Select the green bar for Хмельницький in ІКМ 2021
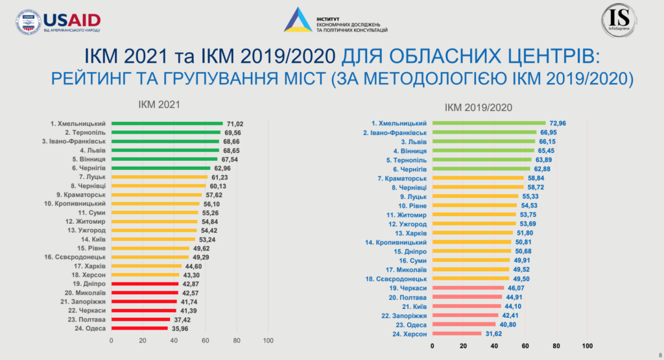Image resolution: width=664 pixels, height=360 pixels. (x=167, y=123)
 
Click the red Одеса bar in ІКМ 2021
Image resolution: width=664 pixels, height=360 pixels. (x=139, y=328)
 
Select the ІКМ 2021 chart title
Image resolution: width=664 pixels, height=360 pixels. (x=159, y=103)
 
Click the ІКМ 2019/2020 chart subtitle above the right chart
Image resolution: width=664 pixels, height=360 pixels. (x=479, y=107)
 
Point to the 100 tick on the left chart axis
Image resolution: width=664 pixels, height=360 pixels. (x=268, y=341)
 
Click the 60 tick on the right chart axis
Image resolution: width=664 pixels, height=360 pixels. (x=526, y=346)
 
